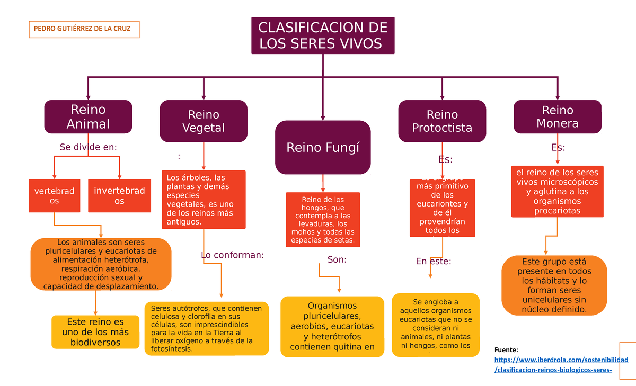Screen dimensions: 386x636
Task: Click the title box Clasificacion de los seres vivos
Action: click(x=323, y=35)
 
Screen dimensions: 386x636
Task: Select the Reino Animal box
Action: click(x=88, y=117)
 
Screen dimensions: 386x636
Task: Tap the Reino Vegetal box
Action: click(x=204, y=121)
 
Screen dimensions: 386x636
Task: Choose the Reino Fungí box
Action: click(x=323, y=147)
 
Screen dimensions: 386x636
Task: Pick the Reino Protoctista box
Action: click(x=442, y=121)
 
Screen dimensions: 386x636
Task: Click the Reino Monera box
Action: click(x=558, y=117)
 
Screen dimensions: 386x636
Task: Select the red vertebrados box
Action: click(x=54, y=195)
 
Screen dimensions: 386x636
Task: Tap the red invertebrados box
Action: click(x=119, y=195)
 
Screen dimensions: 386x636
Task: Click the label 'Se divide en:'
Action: click(x=88, y=147)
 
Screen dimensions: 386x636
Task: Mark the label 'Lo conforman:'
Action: click(x=232, y=255)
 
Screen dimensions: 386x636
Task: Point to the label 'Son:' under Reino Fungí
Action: click(x=337, y=259)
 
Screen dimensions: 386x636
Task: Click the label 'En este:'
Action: click(x=433, y=261)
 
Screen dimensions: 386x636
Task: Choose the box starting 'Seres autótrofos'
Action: click(x=207, y=328)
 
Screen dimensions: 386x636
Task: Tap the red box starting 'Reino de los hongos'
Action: click(x=323, y=219)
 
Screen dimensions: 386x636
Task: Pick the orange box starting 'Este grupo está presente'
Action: click(x=554, y=285)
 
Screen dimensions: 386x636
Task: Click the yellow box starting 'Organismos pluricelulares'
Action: click(x=332, y=326)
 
